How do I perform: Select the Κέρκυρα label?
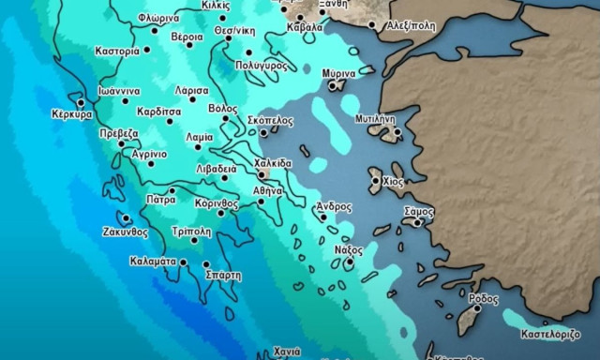pyautogui.click(x=72, y=114)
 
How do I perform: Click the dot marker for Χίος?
pyautogui.click(x=376, y=181)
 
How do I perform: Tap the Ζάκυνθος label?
pyautogui.click(x=125, y=231)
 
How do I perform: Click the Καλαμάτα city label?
pyautogui.click(x=155, y=262)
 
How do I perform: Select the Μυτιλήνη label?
pyautogui.click(x=376, y=120)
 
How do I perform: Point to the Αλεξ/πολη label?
pyautogui.click(x=411, y=26)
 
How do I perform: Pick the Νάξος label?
pyautogui.click(x=348, y=250)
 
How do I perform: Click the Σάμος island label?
pyautogui.click(x=418, y=212)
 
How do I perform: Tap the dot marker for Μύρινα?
pyautogui.click(x=333, y=85)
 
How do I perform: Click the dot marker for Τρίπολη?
pyautogui.click(x=195, y=241)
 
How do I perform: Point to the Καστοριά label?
pyautogui.click(x=118, y=50)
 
